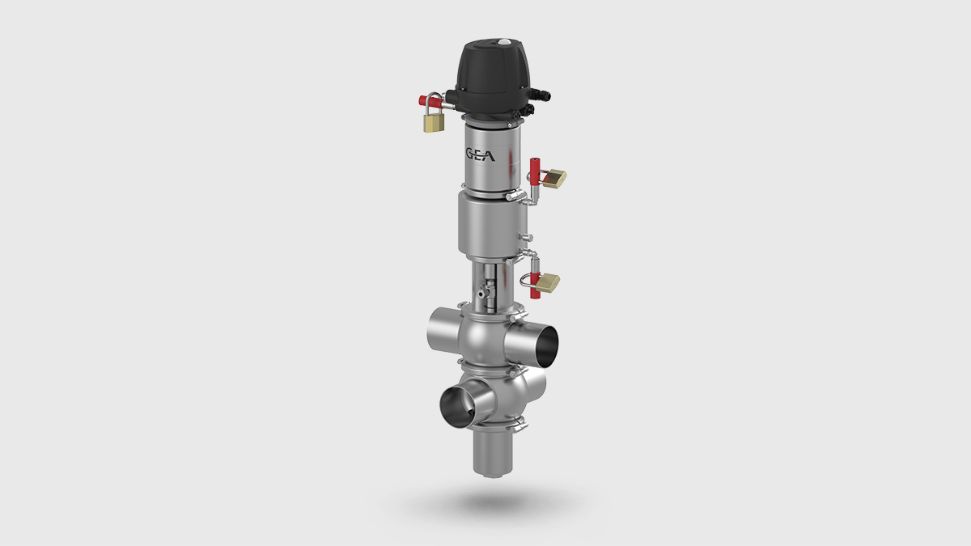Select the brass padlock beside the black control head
click(x=434, y=121)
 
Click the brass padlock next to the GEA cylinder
click(x=554, y=178)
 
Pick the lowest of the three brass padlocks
click(x=548, y=283)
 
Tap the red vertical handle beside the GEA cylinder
click(x=533, y=171)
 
